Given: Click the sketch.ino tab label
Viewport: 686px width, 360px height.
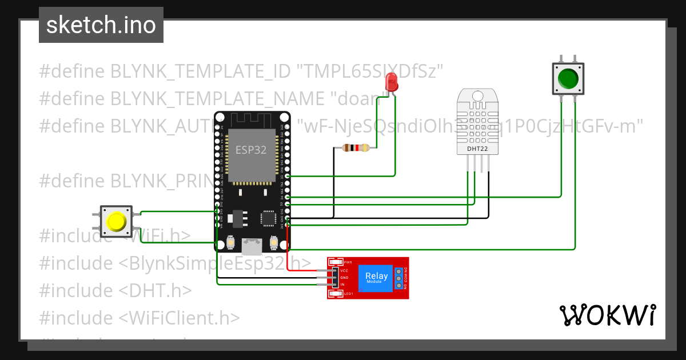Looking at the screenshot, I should click(x=101, y=25).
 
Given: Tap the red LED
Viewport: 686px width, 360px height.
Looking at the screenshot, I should click(x=392, y=83).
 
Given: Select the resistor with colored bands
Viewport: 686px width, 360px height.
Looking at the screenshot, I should click(x=356, y=148).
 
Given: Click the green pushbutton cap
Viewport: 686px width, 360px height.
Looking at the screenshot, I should click(x=567, y=78).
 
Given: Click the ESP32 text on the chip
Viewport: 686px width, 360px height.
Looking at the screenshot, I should click(x=252, y=150).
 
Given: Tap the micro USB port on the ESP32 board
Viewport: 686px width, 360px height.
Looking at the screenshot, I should click(x=252, y=246).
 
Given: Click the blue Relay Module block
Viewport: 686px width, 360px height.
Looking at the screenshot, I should click(x=376, y=278).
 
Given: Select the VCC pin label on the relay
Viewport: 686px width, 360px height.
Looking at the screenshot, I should click(x=344, y=270).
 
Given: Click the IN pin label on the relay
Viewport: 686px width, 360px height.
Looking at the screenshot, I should click(x=342, y=284).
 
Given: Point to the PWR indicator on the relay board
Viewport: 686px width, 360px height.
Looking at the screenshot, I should click(x=348, y=262).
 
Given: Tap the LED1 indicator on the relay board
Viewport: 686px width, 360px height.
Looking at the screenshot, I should click(x=348, y=294).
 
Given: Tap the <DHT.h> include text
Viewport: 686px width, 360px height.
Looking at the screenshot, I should click(x=155, y=290).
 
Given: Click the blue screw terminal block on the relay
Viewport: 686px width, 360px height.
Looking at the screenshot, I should click(x=398, y=278).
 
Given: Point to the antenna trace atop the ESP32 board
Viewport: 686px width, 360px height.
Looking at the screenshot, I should click(x=252, y=120).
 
